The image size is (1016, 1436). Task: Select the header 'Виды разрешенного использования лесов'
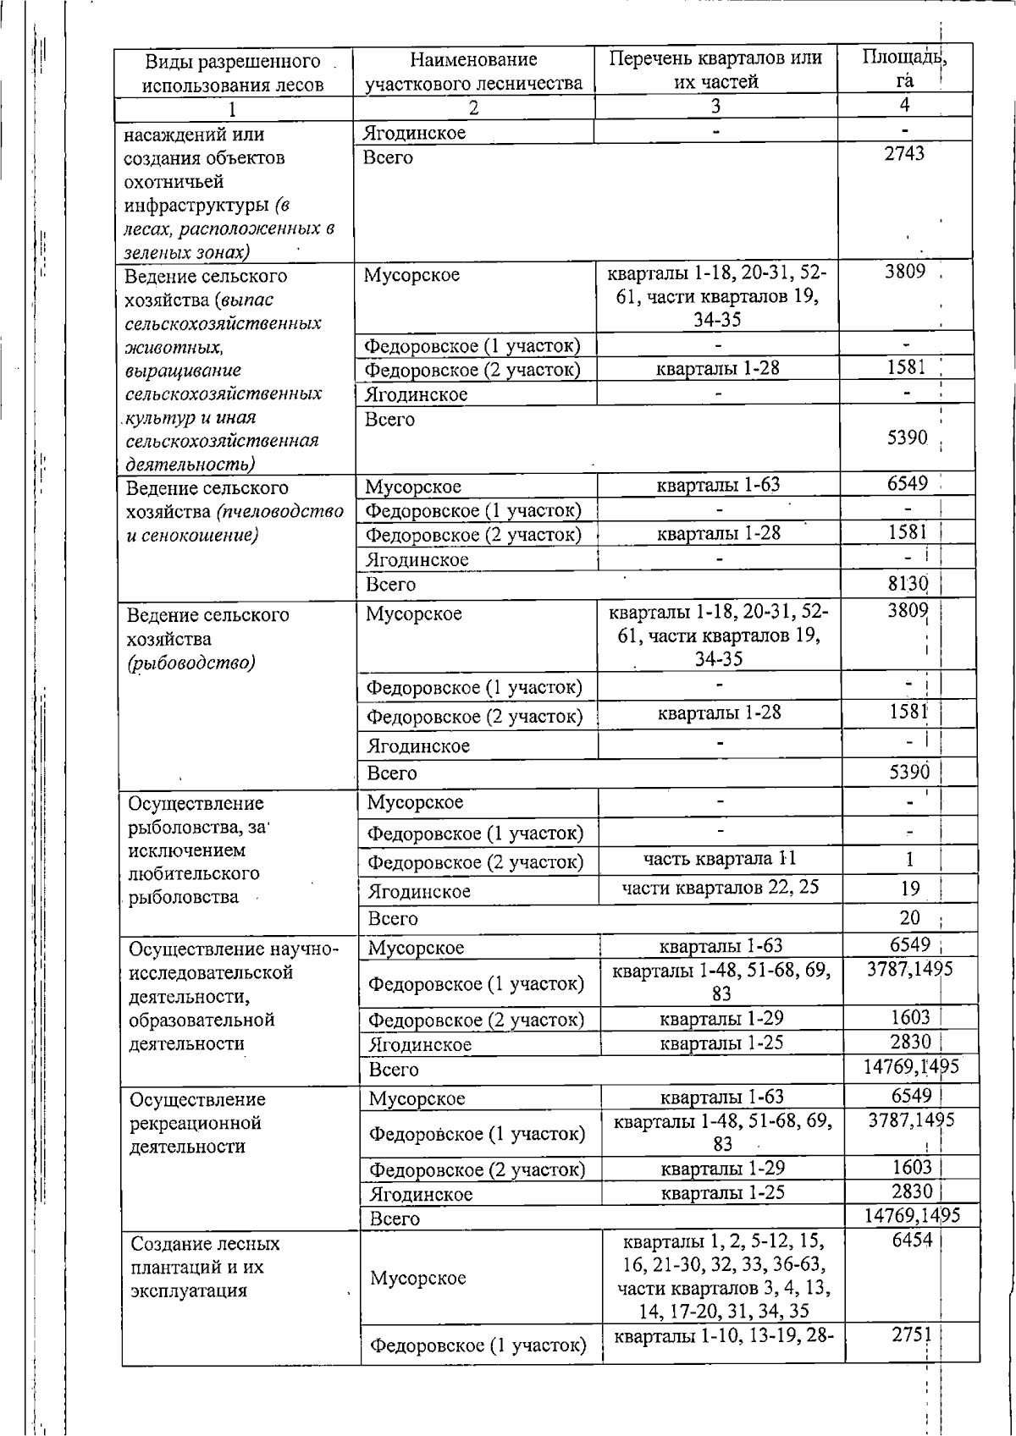[233, 72]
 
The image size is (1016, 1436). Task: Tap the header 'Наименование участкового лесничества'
[473, 71]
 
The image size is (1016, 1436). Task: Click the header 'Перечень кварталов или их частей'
[715, 69]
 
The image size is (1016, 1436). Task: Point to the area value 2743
[904, 153]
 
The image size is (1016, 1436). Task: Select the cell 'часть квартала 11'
[720, 859]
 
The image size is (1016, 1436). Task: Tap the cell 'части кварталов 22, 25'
[720, 888]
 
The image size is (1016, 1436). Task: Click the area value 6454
[911, 1241]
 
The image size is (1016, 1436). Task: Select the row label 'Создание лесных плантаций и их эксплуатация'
[205, 1267]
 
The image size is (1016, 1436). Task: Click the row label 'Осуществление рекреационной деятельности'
[197, 1123]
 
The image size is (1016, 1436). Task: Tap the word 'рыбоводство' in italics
[191, 663]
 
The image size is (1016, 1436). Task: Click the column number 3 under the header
[715, 107]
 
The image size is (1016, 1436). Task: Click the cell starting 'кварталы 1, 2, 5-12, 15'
[723, 1276]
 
